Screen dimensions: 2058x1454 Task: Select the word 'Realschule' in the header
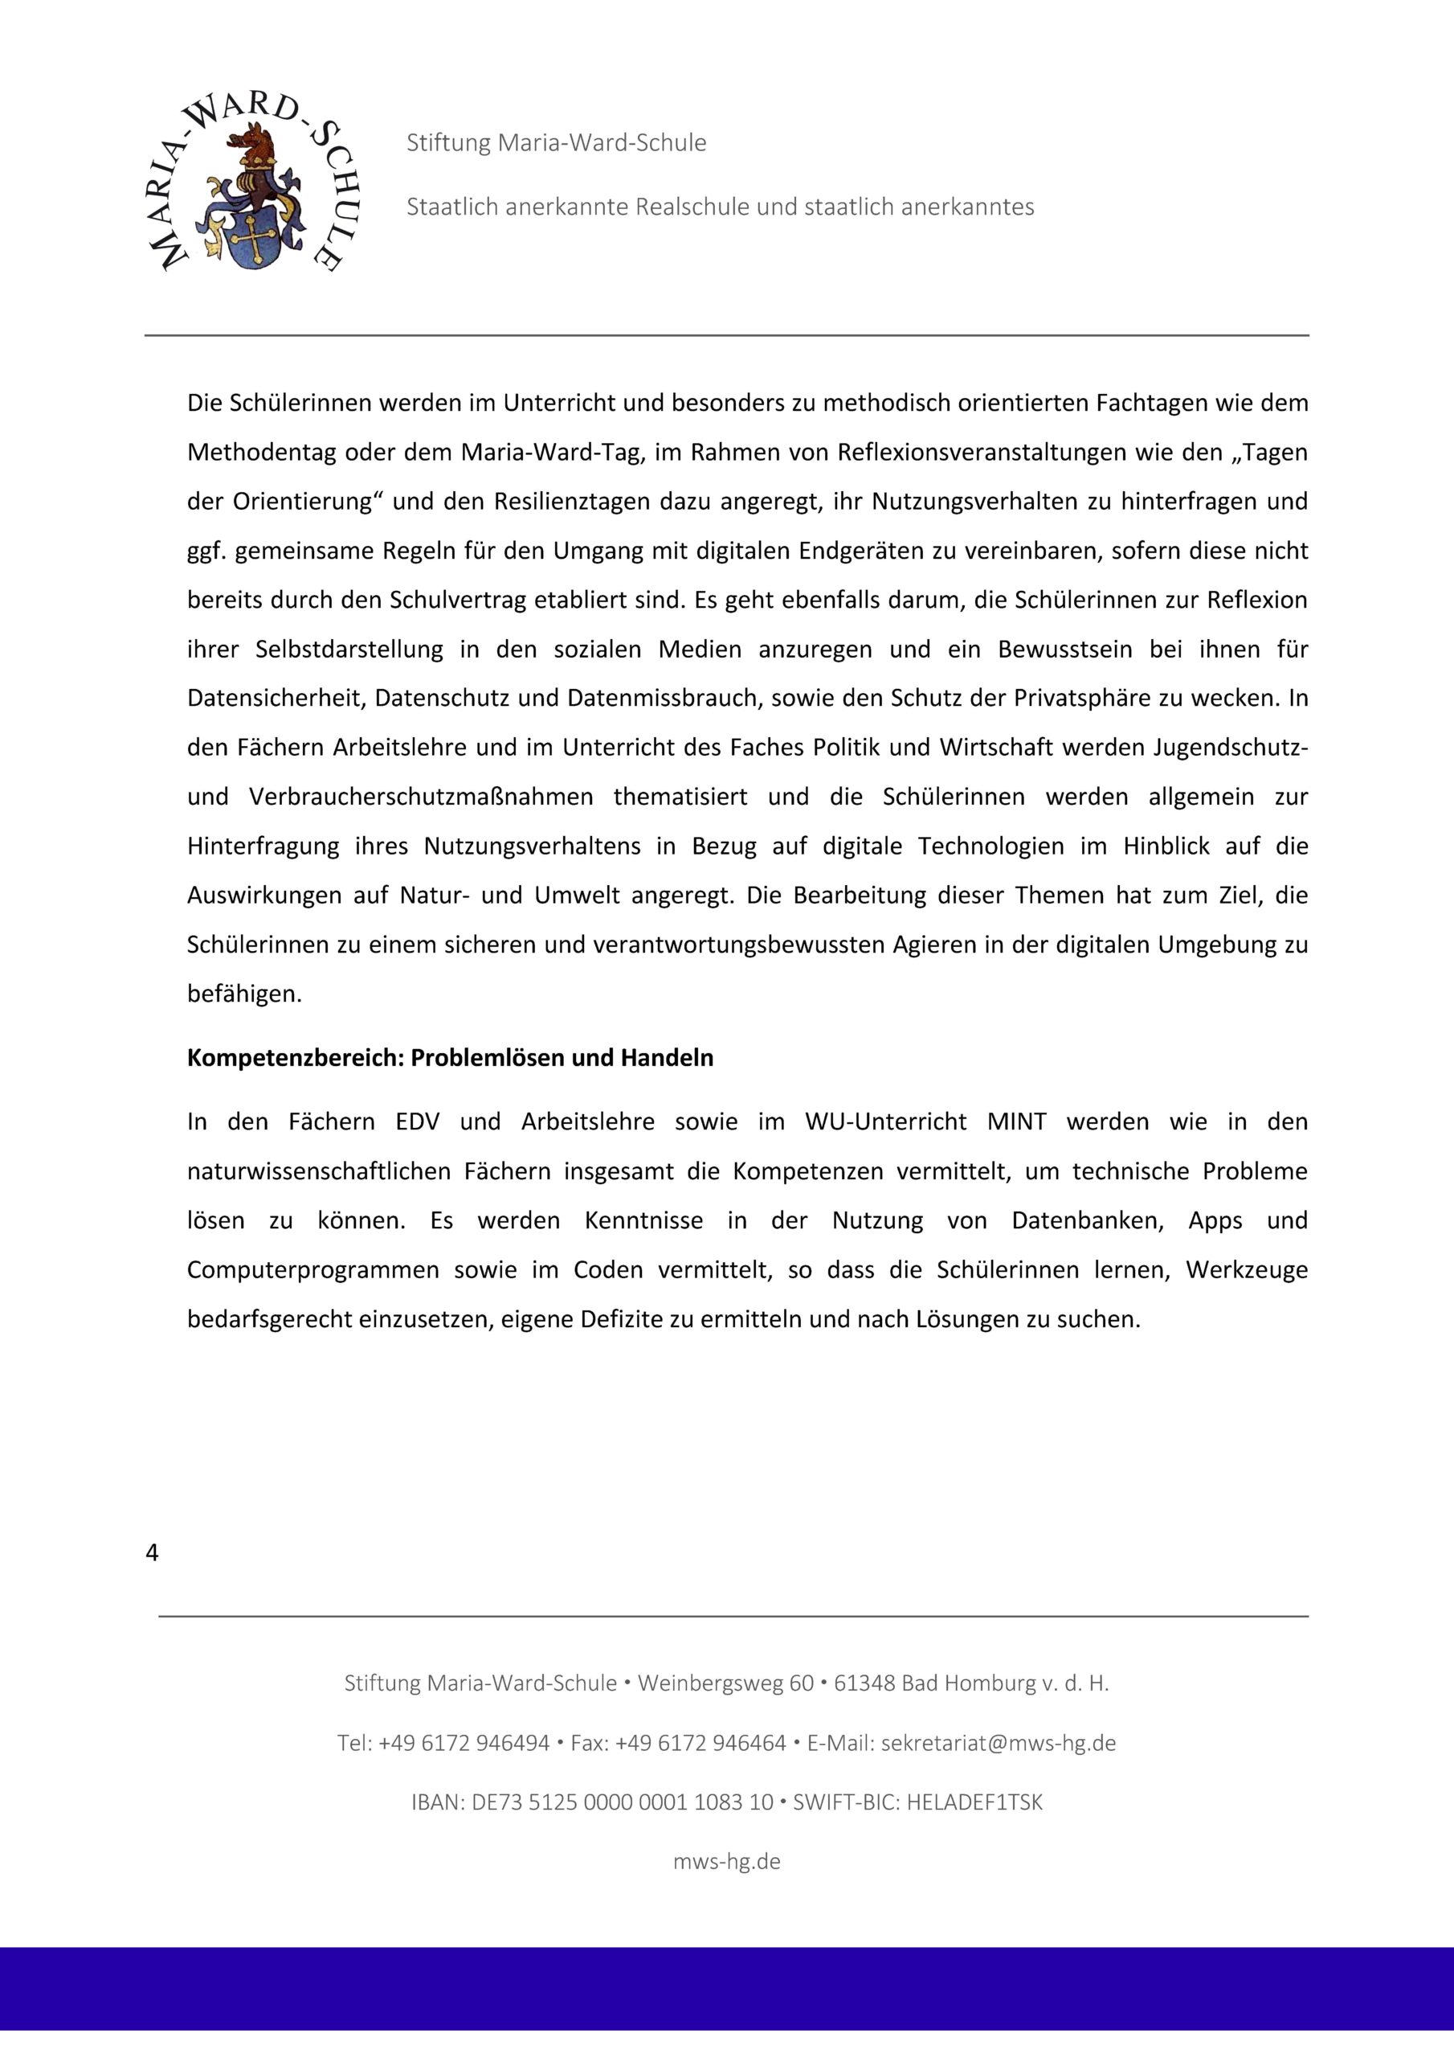coord(692,207)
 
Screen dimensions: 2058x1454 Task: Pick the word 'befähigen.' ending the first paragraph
coord(244,994)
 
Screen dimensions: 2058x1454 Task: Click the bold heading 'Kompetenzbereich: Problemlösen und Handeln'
coord(450,1059)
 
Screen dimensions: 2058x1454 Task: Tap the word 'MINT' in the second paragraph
coord(1016,1122)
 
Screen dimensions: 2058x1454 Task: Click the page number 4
coord(151,1553)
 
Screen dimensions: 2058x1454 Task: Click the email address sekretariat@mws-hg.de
coord(998,1744)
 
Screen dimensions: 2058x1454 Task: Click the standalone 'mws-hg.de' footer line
coord(726,1862)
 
